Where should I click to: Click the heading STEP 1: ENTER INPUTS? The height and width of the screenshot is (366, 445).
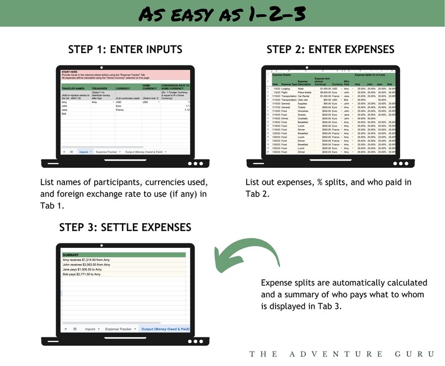point(125,49)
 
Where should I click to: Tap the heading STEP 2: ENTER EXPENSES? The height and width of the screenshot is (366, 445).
point(330,49)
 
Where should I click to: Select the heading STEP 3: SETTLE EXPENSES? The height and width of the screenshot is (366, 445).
point(125,227)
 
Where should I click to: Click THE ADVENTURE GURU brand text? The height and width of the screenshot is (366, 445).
point(342,354)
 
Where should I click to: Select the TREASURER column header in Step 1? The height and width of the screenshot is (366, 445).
point(100,88)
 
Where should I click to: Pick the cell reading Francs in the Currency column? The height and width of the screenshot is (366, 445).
point(120,110)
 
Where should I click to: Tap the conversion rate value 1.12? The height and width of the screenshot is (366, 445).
point(187,110)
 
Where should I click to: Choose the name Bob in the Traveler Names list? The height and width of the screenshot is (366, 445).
point(65,114)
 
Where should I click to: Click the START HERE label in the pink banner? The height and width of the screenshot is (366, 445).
point(69,72)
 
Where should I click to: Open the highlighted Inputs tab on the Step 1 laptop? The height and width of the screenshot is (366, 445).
point(85,152)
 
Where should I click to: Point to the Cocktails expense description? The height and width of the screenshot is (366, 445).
point(305,118)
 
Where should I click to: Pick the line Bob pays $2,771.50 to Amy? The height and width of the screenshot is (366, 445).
point(81,274)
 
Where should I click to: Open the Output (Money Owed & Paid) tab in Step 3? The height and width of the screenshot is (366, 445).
point(165,329)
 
